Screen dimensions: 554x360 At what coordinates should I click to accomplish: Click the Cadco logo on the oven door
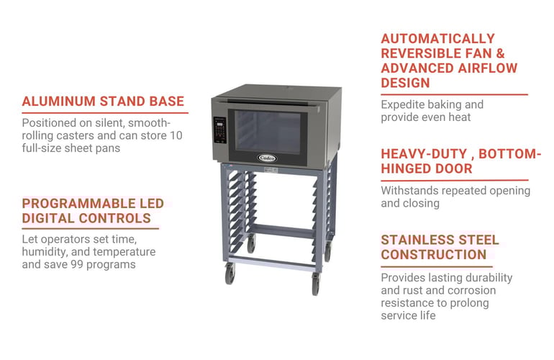267,158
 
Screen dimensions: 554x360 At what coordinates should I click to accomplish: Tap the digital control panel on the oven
219,130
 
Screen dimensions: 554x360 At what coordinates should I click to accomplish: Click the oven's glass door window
268,132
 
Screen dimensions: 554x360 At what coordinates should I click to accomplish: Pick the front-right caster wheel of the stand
316,284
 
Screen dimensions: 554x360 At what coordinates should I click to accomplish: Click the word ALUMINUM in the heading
59,102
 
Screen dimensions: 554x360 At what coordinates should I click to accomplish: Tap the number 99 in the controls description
77,264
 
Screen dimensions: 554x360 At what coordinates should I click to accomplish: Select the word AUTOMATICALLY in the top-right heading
437,39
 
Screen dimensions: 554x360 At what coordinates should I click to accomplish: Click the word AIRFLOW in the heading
488,68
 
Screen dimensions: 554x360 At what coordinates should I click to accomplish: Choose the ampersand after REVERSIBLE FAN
500,53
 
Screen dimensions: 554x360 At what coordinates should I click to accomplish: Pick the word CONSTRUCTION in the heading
434,255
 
